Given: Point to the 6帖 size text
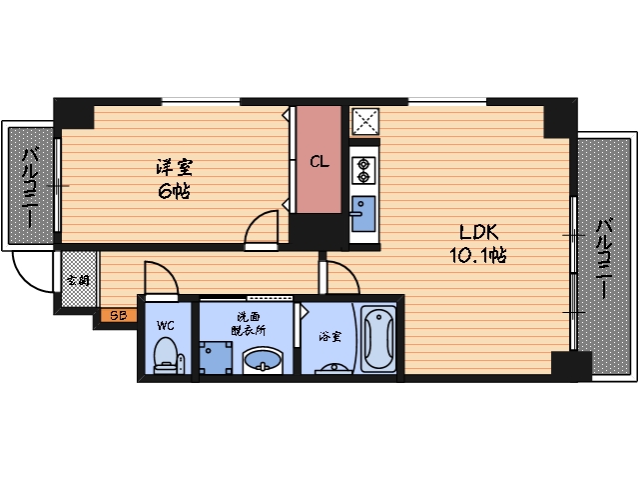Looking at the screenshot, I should tap(173, 190).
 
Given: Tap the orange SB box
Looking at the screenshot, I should tap(118, 316).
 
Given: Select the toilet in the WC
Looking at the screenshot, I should tap(167, 356).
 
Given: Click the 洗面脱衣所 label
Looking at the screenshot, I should tap(246, 321).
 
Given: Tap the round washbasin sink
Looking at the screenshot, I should tap(264, 359).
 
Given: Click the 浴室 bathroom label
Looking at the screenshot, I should tap(329, 336).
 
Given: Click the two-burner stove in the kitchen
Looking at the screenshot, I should tap(361, 170).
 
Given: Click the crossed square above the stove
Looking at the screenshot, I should tap(363, 122).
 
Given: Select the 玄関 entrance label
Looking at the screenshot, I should tap(77, 281).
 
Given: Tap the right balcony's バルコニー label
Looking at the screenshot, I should tap(604, 259).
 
